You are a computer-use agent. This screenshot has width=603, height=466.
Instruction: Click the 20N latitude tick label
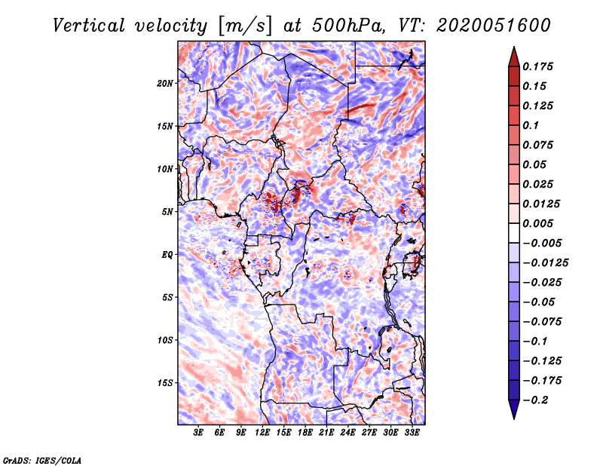coord(165,84)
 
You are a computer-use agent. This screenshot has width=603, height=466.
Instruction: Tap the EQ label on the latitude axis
coord(167,255)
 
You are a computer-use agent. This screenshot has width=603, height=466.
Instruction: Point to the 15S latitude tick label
coord(165,383)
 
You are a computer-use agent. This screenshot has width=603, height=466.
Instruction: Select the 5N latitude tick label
coord(167,212)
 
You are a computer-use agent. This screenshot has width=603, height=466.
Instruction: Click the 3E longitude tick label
coord(198,433)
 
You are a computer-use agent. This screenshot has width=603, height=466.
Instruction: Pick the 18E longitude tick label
coord(305,433)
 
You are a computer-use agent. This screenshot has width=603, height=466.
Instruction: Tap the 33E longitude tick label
coord(412,433)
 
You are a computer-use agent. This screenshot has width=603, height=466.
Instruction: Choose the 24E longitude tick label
coord(347,433)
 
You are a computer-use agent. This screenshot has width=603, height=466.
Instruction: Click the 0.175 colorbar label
coord(538,66)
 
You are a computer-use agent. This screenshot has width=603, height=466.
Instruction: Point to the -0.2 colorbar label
coord(536,400)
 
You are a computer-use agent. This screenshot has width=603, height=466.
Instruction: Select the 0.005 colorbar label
coord(538,223)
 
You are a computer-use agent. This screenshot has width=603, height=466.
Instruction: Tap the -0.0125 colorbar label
coord(545,263)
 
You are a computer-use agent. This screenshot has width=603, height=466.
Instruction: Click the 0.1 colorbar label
coord(531,125)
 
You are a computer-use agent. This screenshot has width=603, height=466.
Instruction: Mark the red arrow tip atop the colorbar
coord(514,47)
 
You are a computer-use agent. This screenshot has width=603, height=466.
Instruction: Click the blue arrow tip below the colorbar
coord(514,418)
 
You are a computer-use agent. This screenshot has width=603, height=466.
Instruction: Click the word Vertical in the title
coord(89,26)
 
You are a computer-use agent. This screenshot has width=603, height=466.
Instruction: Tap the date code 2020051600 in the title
coord(494,26)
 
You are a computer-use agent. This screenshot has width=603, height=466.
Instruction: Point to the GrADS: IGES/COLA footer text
coord(42,461)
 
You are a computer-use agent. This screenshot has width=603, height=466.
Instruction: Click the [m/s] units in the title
coord(245,26)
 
